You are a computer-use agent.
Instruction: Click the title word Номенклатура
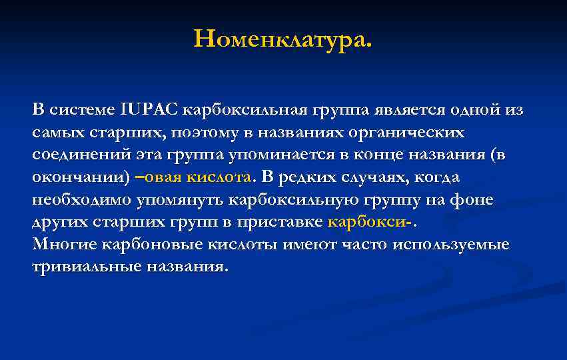(x=283, y=39)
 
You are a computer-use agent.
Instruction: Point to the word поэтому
(x=203, y=132)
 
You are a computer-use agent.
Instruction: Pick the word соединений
(x=75, y=155)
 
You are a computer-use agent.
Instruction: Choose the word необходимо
(x=81, y=199)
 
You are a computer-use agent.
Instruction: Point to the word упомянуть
(x=181, y=199)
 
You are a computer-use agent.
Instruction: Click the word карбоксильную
(x=296, y=199)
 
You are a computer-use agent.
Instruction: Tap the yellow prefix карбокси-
(x=369, y=222)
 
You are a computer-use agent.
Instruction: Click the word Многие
(x=65, y=244)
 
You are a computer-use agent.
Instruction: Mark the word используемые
(x=450, y=244)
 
